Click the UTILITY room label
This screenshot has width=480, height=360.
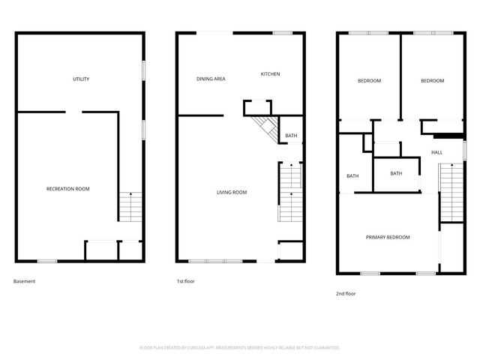81,79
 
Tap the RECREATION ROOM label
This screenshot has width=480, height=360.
67,189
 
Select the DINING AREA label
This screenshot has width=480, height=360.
211,79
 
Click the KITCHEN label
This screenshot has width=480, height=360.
270,74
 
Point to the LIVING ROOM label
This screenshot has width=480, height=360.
232,193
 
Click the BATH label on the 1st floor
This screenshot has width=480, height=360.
291,136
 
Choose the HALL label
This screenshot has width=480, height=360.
436,152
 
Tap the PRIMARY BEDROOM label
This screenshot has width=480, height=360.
388,238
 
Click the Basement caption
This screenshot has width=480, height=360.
24,281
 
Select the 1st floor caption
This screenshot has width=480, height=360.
185,281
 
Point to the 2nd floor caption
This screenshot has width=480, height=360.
346,293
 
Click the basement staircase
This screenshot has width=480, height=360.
130,206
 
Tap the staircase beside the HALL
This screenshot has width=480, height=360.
451,195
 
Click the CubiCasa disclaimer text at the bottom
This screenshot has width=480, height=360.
240,348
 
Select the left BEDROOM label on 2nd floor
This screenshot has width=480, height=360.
369,81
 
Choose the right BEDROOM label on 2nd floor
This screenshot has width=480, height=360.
432,81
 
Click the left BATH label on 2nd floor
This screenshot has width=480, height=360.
352,176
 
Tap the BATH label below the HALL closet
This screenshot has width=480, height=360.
397,173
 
